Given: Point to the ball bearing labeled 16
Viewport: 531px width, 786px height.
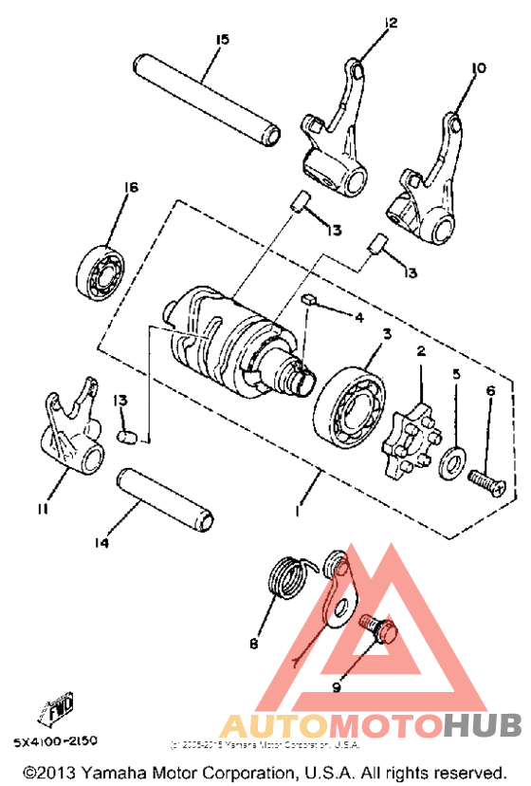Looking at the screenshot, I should (99, 268).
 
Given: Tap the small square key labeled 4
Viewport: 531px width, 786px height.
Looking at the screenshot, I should (307, 298).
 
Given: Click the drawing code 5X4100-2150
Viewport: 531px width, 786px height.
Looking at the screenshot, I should (55, 740).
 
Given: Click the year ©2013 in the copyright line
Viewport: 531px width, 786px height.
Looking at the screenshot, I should (46, 771).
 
